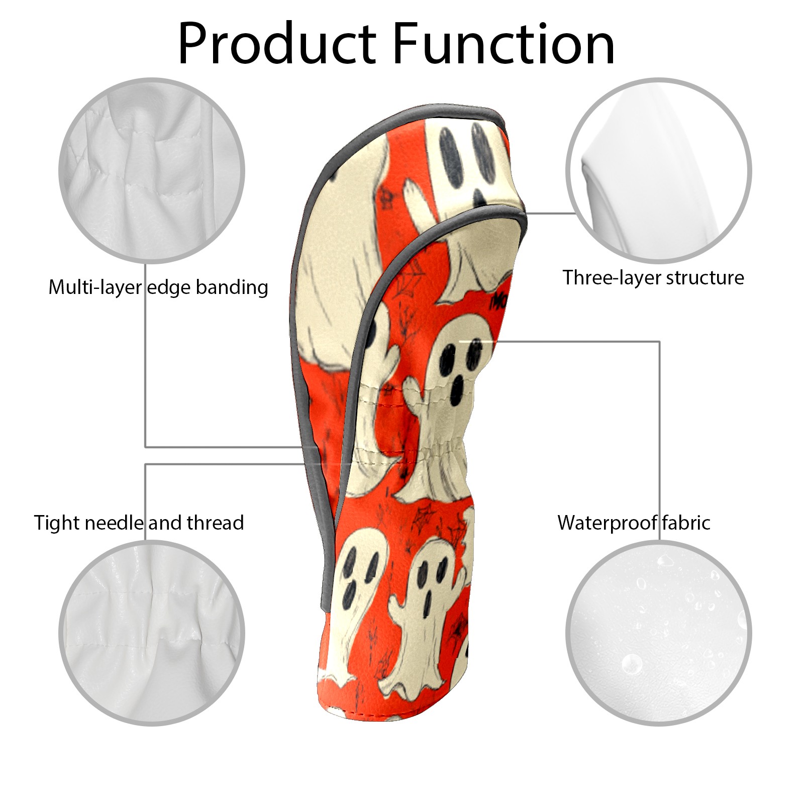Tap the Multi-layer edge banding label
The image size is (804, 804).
pyautogui.click(x=158, y=287)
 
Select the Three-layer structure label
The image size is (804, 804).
pyautogui.click(x=653, y=277)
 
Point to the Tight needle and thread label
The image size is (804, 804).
pyautogui.click(x=139, y=523)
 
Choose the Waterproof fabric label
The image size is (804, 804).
pyautogui.click(x=634, y=523)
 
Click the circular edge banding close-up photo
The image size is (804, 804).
pyautogui.click(x=152, y=170)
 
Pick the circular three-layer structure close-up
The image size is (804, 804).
pyautogui.click(x=658, y=170)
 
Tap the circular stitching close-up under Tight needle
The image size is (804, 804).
pyautogui.click(x=152, y=632)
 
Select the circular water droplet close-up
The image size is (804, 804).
pyautogui.click(x=658, y=632)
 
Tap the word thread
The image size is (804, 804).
pyautogui.click(x=215, y=523)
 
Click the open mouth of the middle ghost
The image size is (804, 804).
pyautogui.click(x=458, y=388)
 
